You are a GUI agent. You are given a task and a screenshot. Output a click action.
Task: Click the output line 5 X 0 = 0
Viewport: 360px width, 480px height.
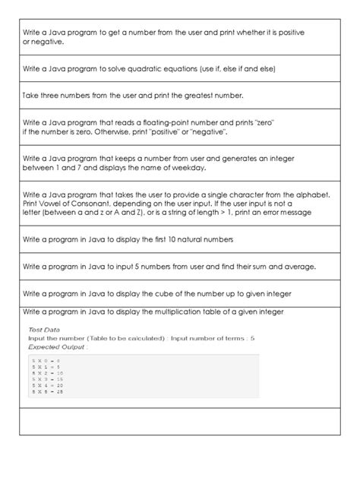click(47, 358)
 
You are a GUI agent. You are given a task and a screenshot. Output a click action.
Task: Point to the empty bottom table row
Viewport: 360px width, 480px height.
click(179, 422)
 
